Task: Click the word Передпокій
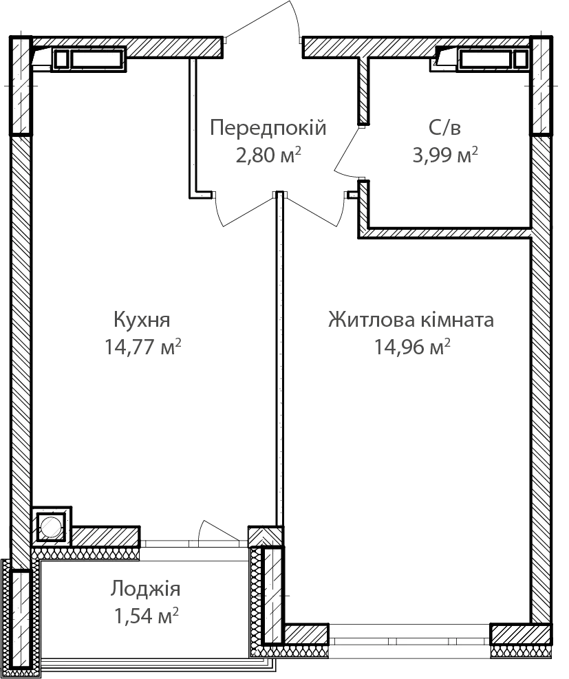point(268,128)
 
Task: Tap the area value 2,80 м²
point(268,155)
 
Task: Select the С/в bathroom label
point(444,128)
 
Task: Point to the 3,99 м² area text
point(445,155)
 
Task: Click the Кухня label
point(142,320)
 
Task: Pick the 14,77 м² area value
point(142,347)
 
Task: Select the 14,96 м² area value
point(412,347)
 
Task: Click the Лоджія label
point(145,590)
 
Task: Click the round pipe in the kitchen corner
point(52,526)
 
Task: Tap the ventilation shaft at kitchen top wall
point(88,59)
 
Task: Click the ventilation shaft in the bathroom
point(493,59)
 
